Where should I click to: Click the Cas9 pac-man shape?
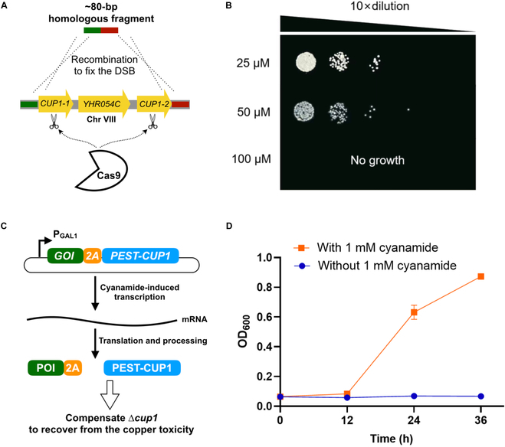99,170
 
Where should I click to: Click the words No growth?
377,161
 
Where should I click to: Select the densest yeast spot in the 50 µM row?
306,112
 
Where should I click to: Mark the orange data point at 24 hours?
414,312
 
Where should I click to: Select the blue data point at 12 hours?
347,397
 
